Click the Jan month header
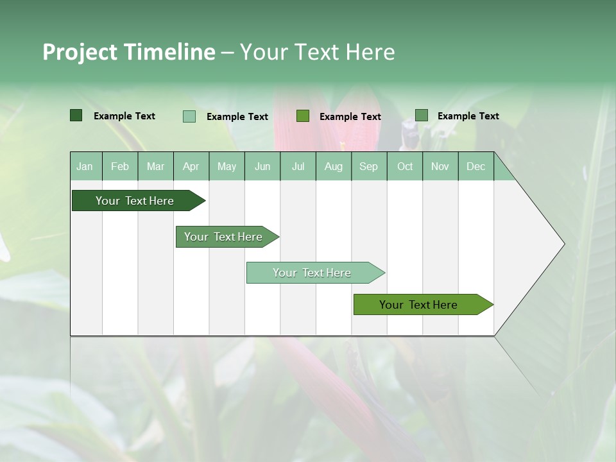pyautogui.click(x=85, y=167)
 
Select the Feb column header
pyautogui.click(x=120, y=167)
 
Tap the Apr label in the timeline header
pyautogui.click(x=191, y=167)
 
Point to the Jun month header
pyautogui.click(x=262, y=167)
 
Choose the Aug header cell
pyautogui.click(x=333, y=167)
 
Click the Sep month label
pyautogui.click(x=368, y=167)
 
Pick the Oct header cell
pyautogui.click(x=405, y=167)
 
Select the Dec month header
pyautogui.click(x=475, y=167)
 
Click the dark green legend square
pyautogui.click(x=76, y=116)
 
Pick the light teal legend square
pyautogui.click(x=189, y=116)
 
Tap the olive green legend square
pyautogui.click(x=303, y=116)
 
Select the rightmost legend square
pyautogui.click(x=422, y=116)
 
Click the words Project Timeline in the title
pyautogui.click(x=128, y=52)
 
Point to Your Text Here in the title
pyautogui.click(x=317, y=52)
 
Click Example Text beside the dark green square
pyautogui.click(x=124, y=116)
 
